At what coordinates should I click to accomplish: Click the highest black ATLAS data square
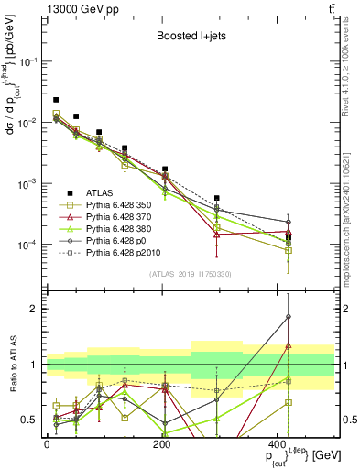pos(56,99)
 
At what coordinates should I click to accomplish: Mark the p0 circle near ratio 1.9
pos(289,316)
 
